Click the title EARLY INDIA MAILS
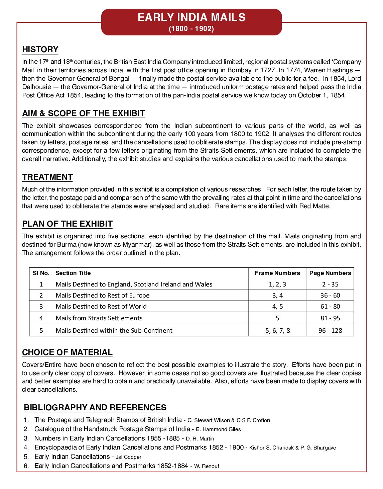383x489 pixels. (x=191, y=17)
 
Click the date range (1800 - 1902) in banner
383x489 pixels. (x=191, y=29)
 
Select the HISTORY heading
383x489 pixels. (x=40, y=50)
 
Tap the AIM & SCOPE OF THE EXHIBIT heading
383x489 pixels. (x=84, y=113)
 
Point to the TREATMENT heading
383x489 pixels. (x=47, y=177)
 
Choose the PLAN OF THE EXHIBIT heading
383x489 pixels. (x=67, y=224)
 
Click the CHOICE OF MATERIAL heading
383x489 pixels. (x=67, y=352)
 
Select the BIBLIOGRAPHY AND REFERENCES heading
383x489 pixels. (x=95, y=408)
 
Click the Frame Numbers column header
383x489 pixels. (x=277, y=273)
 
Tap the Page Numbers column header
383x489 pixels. (x=330, y=273)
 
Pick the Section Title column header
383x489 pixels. (x=73, y=273)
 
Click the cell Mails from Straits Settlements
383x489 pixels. (x=99, y=318)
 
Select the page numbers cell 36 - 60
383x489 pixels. (x=330, y=296)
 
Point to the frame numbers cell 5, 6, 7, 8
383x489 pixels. (x=277, y=331)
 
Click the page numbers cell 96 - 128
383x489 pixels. (x=330, y=331)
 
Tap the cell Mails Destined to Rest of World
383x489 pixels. (x=101, y=307)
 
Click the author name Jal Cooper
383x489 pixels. (x=129, y=457)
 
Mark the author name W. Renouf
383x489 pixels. (x=207, y=466)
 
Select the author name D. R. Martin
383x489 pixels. (x=200, y=439)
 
